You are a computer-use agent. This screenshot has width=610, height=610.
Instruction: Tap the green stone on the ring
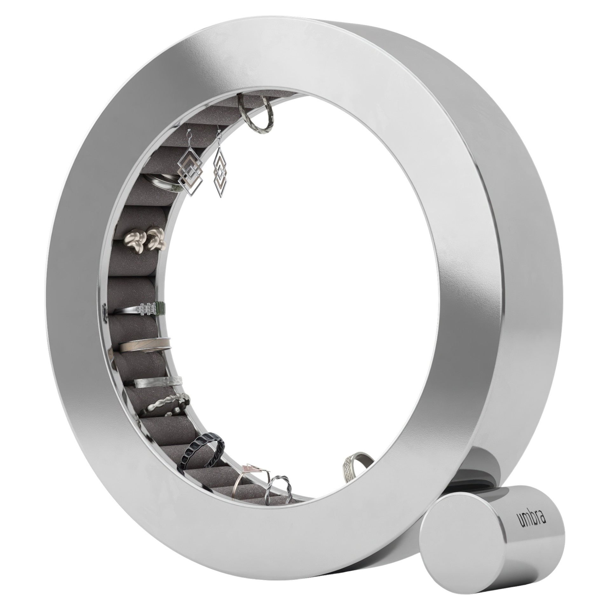[160, 307]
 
